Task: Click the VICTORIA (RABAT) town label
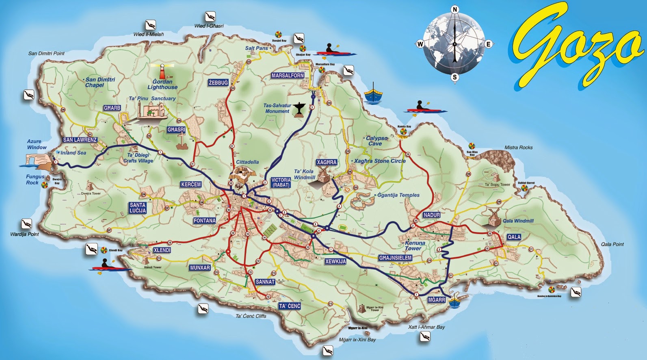pyautogui.click(x=281, y=182)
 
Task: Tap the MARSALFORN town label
pyautogui.click(x=288, y=76)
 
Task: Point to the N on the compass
pyautogui.click(x=455, y=10)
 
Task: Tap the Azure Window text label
pyautogui.click(x=37, y=144)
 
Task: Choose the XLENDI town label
pyautogui.click(x=162, y=250)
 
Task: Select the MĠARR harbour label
pyautogui.click(x=437, y=300)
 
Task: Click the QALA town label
pyautogui.click(x=514, y=237)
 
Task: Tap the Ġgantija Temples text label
pyautogui.click(x=398, y=195)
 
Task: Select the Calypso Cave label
pyautogui.click(x=377, y=141)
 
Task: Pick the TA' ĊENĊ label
pyautogui.click(x=290, y=306)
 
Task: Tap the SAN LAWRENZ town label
pyautogui.click(x=80, y=140)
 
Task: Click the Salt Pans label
pyautogui.click(x=256, y=48)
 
